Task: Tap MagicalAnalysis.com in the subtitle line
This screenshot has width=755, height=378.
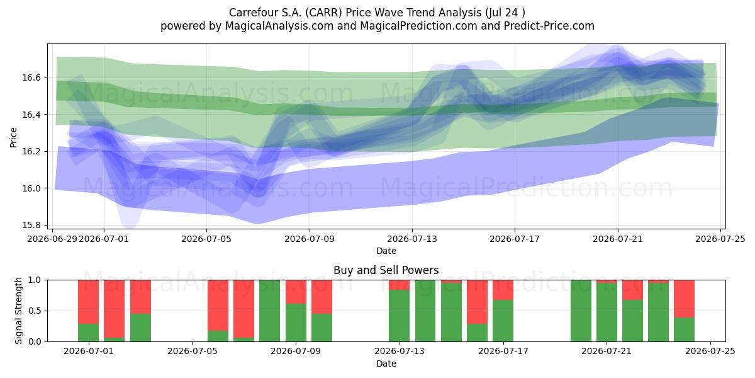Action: [x=279, y=26]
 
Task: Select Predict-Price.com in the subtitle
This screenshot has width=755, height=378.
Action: [x=549, y=26]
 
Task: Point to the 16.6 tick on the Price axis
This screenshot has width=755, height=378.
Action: [x=31, y=78]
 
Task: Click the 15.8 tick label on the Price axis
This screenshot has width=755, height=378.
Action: [x=31, y=225]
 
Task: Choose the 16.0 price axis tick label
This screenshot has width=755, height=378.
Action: [x=31, y=188]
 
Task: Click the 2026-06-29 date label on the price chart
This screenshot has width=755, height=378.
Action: [x=52, y=239]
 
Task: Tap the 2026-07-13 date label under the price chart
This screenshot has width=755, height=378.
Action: [x=412, y=239]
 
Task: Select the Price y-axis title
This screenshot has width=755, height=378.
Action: [x=13, y=137]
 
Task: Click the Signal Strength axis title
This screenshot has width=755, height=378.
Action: [x=18, y=311]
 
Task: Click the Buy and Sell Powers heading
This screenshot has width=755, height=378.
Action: [x=386, y=270]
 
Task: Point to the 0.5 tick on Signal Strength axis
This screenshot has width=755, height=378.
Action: [x=35, y=311]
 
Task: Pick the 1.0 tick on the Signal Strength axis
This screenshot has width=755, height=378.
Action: [x=35, y=280]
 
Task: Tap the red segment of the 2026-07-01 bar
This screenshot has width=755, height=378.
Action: [x=88, y=302]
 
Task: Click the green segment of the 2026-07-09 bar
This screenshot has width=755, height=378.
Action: [x=296, y=323]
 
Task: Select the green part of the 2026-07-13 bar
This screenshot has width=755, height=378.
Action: [x=400, y=316]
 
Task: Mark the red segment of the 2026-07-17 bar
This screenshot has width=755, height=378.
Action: [x=503, y=290]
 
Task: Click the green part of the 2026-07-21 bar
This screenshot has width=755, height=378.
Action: [x=607, y=312]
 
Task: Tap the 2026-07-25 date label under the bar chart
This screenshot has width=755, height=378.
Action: [x=710, y=352]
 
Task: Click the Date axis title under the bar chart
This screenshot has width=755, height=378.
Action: [x=386, y=364]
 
